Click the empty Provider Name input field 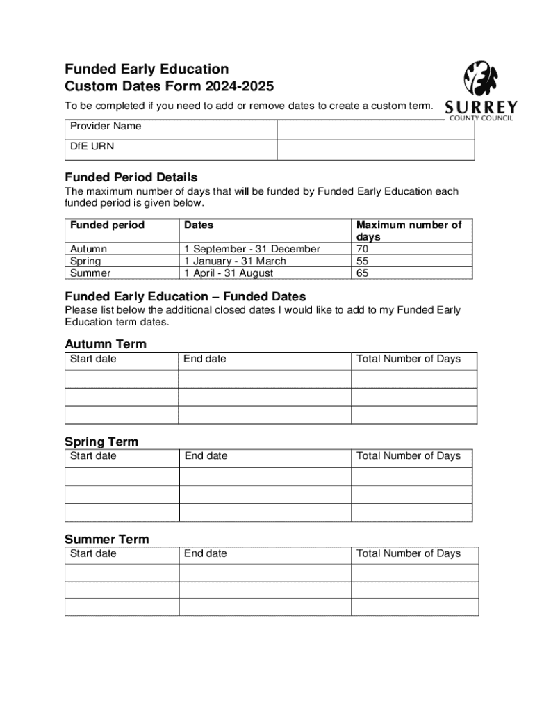(x=375, y=130)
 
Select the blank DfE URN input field (x=375, y=149)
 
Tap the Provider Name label (x=105, y=127)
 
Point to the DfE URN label (x=92, y=147)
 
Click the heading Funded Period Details (x=131, y=177)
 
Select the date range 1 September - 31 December (x=252, y=249)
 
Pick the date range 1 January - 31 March (x=235, y=261)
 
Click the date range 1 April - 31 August (x=229, y=273)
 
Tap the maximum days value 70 (x=362, y=249)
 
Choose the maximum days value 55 (x=362, y=261)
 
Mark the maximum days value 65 (x=362, y=273)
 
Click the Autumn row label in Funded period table (x=88, y=249)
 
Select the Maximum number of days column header (x=409, y=231)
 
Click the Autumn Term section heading (x=106, y=344)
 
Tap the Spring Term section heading (x=101, y=442)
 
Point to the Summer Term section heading (x=106, y=539)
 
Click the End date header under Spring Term (x=206, y=456)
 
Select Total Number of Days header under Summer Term (x=409, y=553)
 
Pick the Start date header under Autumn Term (x=93, y=359)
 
